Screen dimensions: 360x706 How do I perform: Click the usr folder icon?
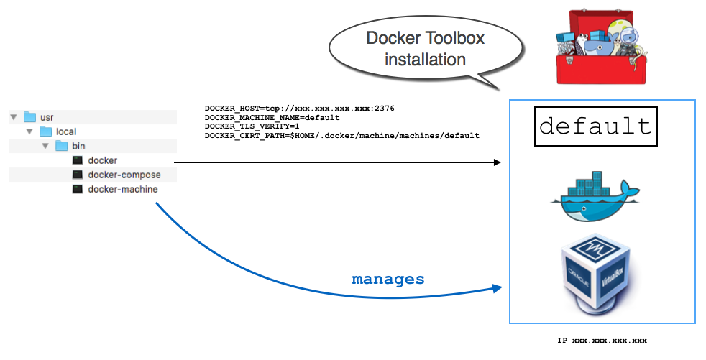29,116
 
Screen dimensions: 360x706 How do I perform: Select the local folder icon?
45,131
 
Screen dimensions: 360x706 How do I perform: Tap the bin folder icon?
61,146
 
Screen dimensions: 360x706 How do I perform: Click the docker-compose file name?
124,175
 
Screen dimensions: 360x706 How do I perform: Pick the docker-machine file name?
122,189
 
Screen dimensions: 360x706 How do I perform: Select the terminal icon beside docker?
78,160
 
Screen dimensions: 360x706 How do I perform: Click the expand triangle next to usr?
14,116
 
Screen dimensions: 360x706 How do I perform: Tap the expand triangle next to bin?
45,146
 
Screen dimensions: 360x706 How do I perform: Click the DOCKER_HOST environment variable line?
299,109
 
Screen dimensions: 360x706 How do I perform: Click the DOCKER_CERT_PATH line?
341,135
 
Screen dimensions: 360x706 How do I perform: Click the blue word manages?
388,279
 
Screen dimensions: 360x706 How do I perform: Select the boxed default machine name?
595,126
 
